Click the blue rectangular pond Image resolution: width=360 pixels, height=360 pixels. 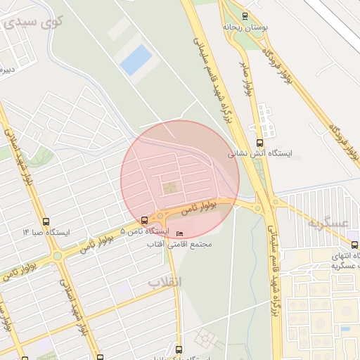[136, 60]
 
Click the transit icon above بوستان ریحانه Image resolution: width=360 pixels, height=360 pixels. [245, 15]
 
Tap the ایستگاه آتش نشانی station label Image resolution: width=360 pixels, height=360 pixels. [262, 152]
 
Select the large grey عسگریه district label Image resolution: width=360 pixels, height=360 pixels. [328, 223]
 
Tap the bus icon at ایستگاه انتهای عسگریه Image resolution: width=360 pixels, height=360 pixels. [354, 245]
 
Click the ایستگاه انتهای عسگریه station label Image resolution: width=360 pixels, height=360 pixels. [333, 261]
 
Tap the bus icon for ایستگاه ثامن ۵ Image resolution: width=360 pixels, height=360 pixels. [145, 220]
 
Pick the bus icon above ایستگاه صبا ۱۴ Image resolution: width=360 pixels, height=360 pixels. [46, 221]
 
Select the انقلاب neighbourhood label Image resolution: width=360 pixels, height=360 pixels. [165, 282]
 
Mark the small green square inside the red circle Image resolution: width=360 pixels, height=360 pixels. [170, 188]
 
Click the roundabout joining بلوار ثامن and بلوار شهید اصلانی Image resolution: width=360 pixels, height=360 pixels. [57, 256]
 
